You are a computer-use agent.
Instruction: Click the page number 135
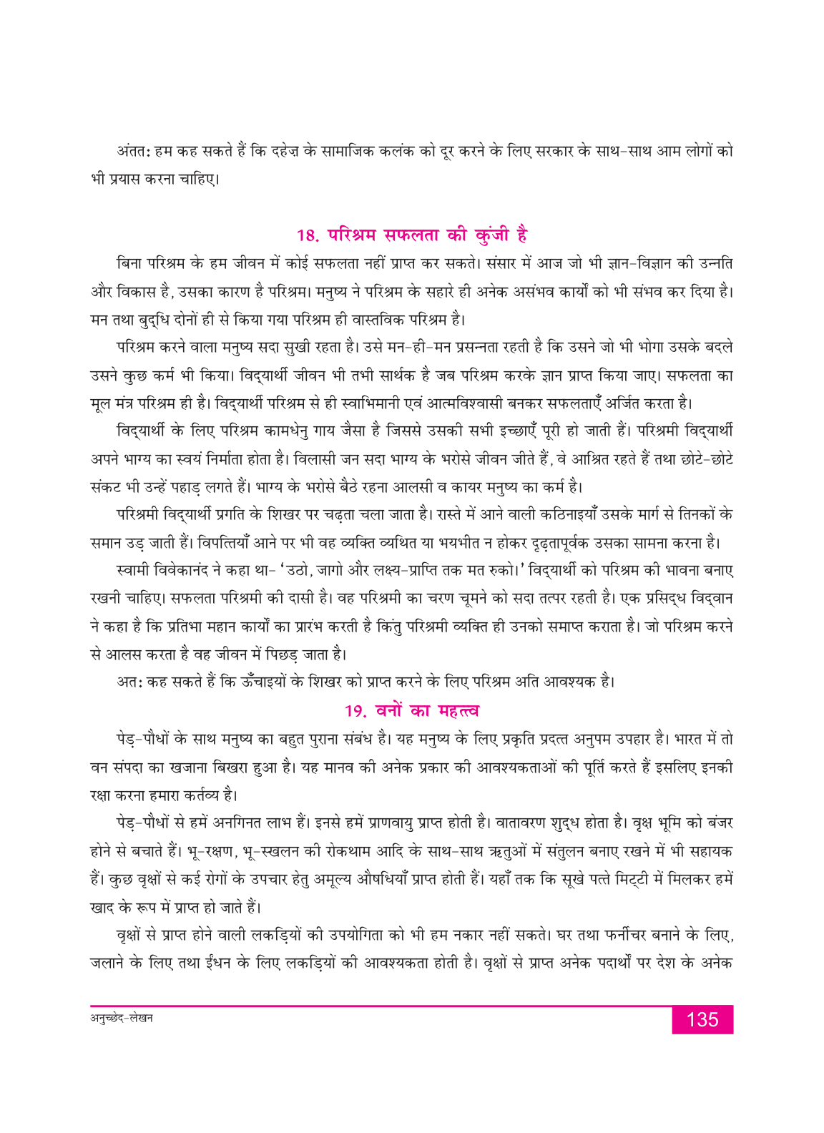pyautogui.click(x=702, y=1019)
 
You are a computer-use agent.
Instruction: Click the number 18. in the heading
pyautogui.click(x=308, y=235)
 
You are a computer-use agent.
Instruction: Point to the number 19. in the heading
pyautogui.click(x=355, y=711)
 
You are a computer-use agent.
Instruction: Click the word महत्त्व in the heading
pyautogui.click(x=458, y=711)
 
